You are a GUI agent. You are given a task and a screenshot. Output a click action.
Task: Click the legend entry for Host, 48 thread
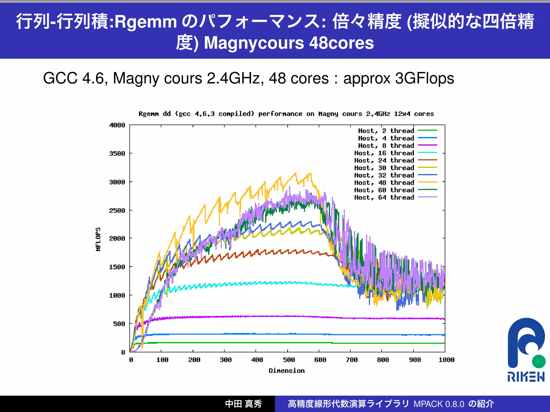coord(384,183)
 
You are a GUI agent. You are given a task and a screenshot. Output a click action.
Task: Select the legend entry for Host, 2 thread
coord(386,131)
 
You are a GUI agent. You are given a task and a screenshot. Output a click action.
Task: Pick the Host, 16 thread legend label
coord(384,153)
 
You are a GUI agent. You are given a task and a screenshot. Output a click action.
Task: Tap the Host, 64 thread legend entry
coord(384,198)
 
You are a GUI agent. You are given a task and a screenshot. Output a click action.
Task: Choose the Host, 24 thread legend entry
coord(384,160)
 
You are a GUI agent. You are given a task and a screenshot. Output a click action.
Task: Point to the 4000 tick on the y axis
coord(117,125)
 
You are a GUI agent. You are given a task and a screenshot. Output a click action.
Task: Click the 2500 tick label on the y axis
coord(117,211)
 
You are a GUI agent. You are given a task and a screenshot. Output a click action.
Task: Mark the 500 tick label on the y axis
coord(119,324)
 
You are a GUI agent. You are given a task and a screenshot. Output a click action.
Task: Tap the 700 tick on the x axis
coord(352,360)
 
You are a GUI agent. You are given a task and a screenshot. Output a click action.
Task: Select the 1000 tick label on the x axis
coord(446,360)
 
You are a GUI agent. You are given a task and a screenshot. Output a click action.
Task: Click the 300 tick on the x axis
coord(226,360)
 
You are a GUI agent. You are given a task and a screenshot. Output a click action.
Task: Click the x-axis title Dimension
coord(287,371)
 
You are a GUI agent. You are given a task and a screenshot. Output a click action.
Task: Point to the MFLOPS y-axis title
coord(98,239)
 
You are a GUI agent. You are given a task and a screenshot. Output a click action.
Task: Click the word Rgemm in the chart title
coord(149,114)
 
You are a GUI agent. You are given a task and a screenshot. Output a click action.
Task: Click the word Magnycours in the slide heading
coord(254,43)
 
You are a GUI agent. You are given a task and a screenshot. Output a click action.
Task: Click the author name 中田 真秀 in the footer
coord(243,404)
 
